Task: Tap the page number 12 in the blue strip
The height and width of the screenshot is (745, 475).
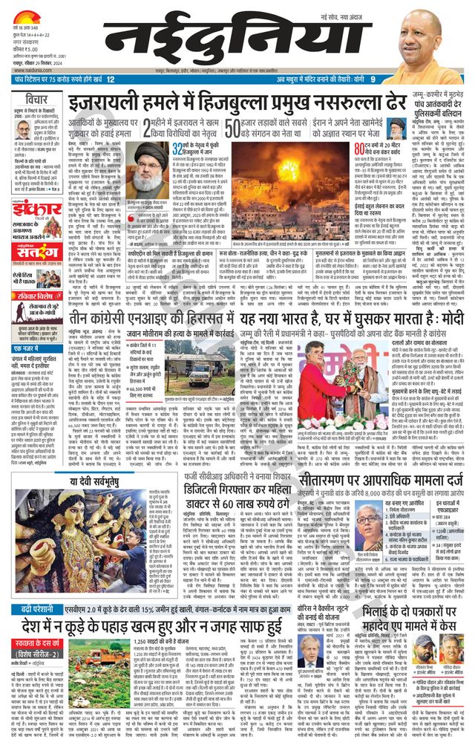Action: (x=110, y=79)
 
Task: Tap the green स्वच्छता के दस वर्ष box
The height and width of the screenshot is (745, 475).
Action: (x=45, y=644)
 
